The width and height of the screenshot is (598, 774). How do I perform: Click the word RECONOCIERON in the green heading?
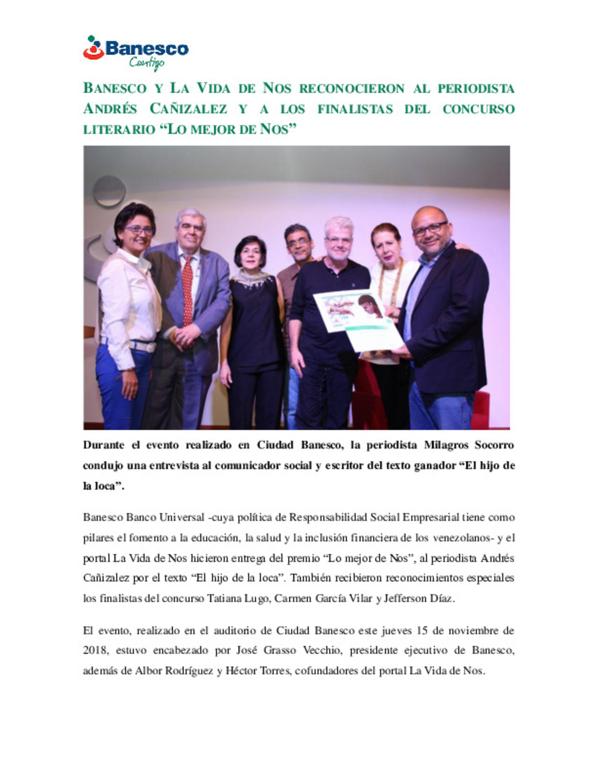[x=352, y=89]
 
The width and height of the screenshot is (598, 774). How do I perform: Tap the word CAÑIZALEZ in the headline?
[x=188, y=109]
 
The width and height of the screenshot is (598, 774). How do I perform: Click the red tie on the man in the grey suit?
[x=187, y=290]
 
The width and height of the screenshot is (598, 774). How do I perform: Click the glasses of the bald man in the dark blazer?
[x=429, y=228]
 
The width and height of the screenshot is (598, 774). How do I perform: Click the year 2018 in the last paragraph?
[x=94, y=651]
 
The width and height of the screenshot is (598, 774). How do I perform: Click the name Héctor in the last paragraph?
[x=241, y=671]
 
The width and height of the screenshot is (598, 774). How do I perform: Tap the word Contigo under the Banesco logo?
[x=147, y=63]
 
